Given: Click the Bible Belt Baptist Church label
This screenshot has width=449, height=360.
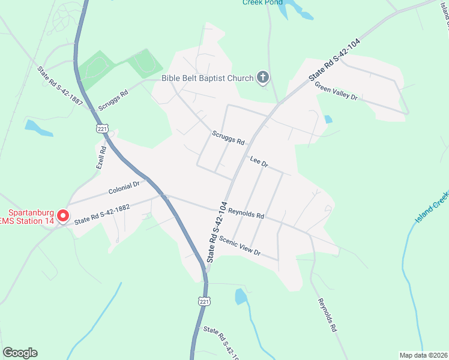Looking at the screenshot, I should coord(207,77).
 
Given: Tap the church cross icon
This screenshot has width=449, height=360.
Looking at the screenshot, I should coord(262,77).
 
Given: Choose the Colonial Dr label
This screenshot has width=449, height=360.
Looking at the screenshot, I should coord(124,188).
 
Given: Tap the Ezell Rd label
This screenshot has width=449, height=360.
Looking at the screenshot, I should coord(101,159).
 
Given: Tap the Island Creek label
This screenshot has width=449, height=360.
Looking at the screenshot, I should coord(432,208).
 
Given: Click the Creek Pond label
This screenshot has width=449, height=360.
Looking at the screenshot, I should coord(262,2).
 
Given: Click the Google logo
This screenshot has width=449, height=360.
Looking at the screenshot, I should coord(19,353).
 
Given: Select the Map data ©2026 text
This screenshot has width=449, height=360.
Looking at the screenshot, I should coord(423,355).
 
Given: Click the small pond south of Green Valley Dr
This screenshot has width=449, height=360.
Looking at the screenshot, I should coord(328,119).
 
